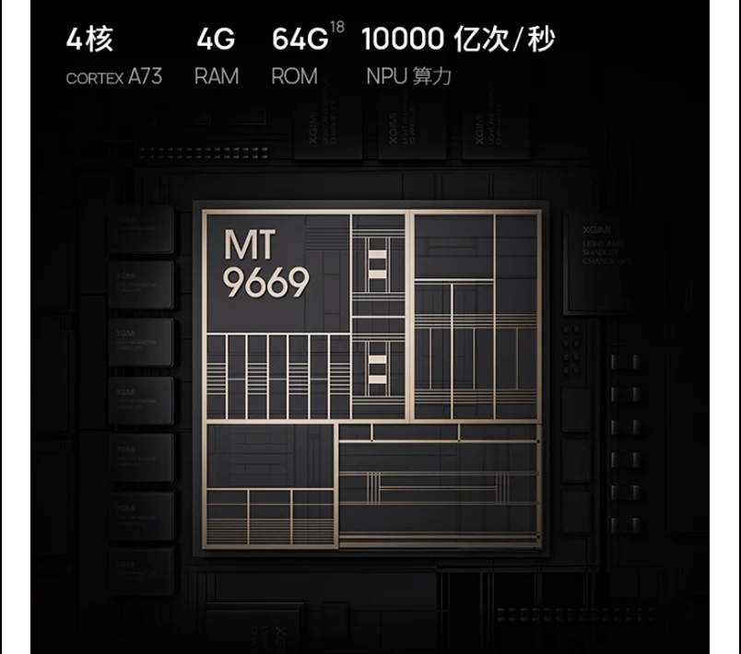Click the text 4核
(x=88, y=41)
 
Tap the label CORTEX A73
(x=113, y=76)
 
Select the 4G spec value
(x=215, y=41)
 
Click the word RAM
(x=217, y=76)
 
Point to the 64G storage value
(x=300, y=41)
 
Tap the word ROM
(x=294, y=76)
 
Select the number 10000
(x=404, y=41)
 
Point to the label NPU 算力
(x=408, y=76)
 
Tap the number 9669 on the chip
(x=266, y=285)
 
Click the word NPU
(x=386, y=76)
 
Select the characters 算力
(x=432, y=76)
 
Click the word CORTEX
(x=94, y=77)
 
